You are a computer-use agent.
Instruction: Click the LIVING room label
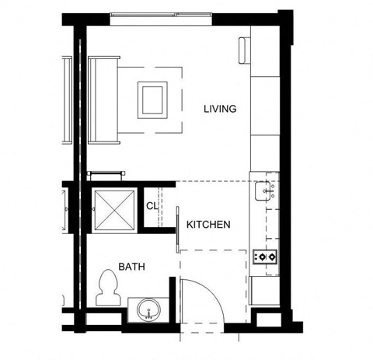220,108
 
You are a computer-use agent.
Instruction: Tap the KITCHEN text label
207,225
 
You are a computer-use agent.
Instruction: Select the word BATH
131,267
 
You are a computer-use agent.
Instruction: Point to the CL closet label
152,206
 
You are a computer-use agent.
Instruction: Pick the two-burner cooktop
266,255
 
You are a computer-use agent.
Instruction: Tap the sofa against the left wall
103,99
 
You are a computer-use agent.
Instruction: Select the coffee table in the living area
152,100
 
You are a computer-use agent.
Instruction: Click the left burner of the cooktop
261,255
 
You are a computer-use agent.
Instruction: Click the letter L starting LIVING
206,108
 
